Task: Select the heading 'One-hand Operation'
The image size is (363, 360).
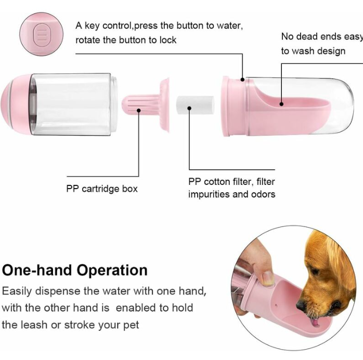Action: [74, 270]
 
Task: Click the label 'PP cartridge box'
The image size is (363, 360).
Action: [102, 189]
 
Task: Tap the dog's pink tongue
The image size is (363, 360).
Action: [315, 323]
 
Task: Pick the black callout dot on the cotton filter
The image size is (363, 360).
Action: [189, 108]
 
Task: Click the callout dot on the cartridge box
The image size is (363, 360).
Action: [139, 110]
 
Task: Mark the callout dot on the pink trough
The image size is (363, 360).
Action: [281, 104]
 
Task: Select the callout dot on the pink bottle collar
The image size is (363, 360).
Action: [242, 79]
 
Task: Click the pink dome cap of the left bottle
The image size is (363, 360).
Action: [16, 104]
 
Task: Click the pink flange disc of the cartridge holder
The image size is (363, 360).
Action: [165, 105]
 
